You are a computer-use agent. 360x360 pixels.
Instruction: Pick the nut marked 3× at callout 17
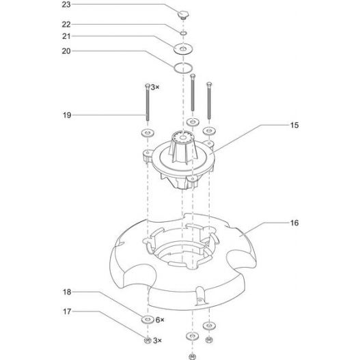click(x=146, y=339)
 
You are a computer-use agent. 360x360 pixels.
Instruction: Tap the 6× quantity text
click(x=159, y=320)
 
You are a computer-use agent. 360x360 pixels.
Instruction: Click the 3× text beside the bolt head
click(x=155, y=87)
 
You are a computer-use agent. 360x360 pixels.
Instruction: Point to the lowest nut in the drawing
click(x=189, y=355)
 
